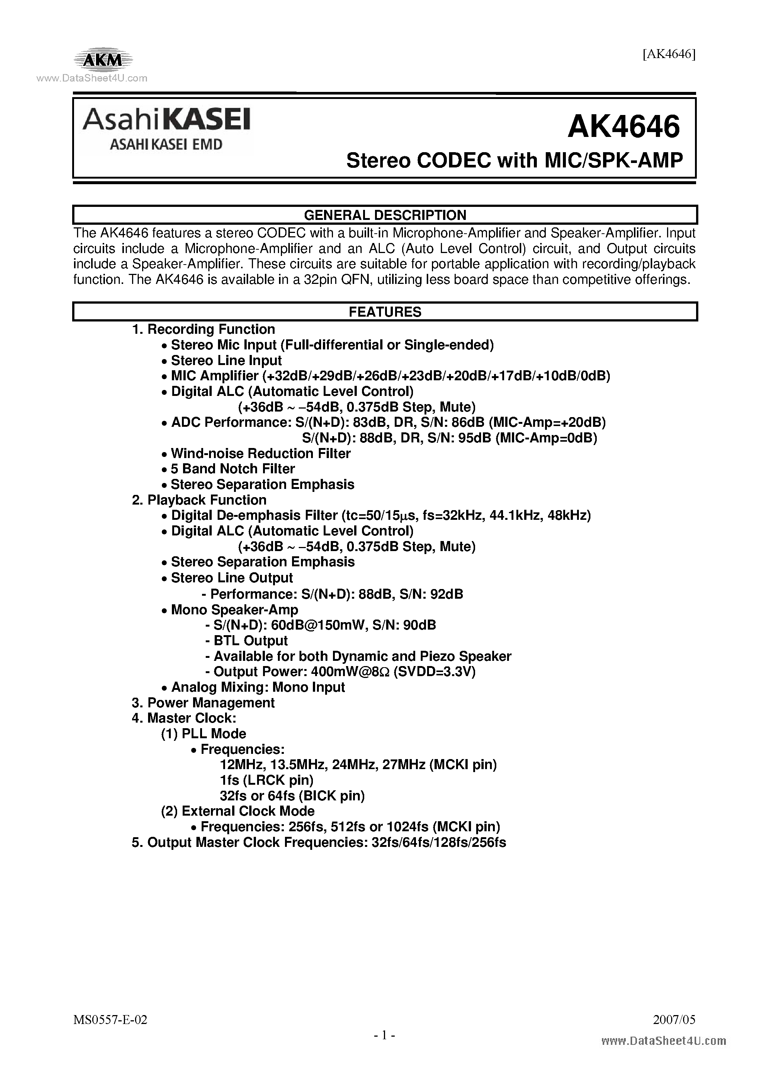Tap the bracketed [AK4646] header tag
[669, 54]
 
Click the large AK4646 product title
[624, 127]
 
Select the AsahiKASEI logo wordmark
[166, 120]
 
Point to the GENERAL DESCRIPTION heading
[385, 215]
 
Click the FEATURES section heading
[385, 312]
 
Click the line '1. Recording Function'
[203, 329]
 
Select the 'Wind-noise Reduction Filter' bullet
[260, 454]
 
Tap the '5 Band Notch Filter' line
[233, 469]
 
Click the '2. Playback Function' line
[199, 500]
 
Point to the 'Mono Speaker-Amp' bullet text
[234, 609]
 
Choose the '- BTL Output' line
[246, 641]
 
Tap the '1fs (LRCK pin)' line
[267, 780]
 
